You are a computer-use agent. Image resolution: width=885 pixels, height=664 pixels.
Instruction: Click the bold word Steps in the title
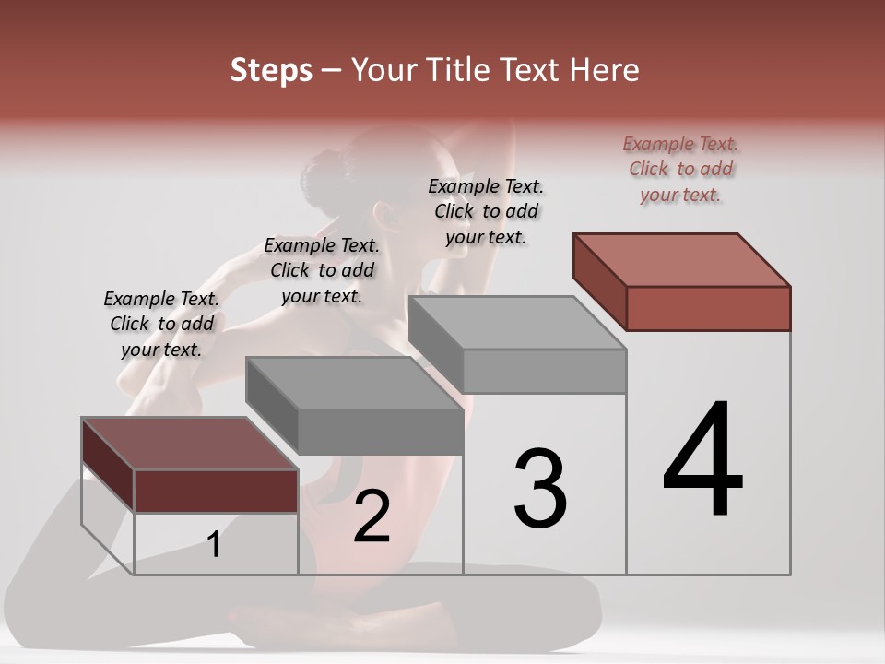pos(271,70)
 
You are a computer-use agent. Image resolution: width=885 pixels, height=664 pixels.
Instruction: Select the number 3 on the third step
pos(540,488)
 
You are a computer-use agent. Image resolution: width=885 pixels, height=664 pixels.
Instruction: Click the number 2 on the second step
pos(372,517)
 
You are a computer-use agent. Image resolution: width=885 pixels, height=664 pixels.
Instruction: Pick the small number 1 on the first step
pos(214,545)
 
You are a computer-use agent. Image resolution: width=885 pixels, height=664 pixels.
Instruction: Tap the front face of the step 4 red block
pos(708,308)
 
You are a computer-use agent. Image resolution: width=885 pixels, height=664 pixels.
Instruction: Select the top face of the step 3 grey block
pos(516,322)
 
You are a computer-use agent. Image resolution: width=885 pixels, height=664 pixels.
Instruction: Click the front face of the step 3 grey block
pos(544,371)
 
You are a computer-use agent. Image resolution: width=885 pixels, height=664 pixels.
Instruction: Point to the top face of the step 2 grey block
pos(354,383)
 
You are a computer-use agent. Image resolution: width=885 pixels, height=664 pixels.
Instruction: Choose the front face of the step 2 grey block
pos(380,432)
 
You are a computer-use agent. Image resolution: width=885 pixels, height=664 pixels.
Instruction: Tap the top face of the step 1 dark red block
pos(190,444)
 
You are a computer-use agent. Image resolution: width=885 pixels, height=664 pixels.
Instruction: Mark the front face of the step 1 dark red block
pos(216,491)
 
